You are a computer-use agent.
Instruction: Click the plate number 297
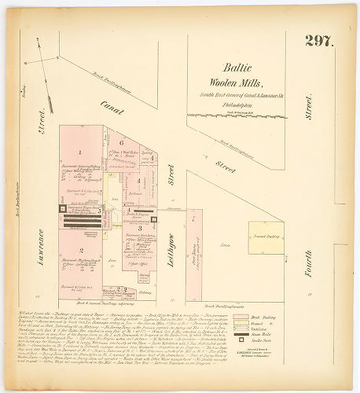click(x=321, y=42)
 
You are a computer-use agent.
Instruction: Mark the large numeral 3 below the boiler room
click(x=139, y=227)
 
